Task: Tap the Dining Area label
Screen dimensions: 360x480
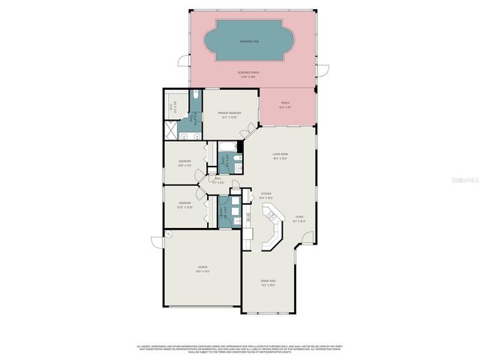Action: [x=268, y=281]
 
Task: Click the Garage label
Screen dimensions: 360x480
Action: [x=202, y=268]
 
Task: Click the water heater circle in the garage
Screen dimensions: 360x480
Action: [x=169, y=234]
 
